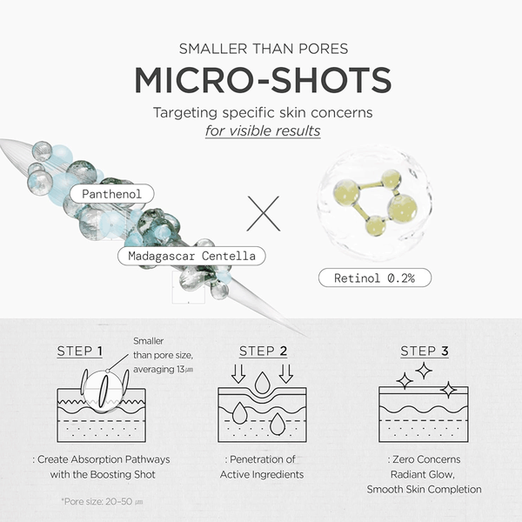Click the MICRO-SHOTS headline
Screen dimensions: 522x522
click(x=263, y=80)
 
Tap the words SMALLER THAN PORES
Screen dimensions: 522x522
click(x=264, y=49)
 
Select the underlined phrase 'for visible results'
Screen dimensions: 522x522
click(x=263, y=130)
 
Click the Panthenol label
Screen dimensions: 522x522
click(x=112, y=194)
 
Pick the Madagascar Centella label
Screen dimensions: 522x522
click(x=191, y=256)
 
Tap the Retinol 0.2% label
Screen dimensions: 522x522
click(x=375, y=278)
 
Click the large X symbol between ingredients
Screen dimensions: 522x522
click(x=264, y=213)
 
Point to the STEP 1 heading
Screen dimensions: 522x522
click(x=79, y=351)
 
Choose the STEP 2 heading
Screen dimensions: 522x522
click(x=263, y=351)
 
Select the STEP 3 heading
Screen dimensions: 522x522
click(x=425, y=351)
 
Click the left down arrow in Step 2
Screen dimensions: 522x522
click(x=238, y=374)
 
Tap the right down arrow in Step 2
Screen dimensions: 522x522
click(x=286, y=374)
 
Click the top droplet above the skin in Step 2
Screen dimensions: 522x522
click(x=263, y=383)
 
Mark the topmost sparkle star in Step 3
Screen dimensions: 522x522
click(x=424, y=371)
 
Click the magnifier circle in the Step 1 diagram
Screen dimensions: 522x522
click(x=84, y=393)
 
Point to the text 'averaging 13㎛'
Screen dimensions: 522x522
click(x=164, y=370)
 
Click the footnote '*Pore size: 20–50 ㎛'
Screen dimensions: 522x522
click(x=102, y=501)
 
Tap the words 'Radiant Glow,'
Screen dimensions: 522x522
click(x=423, y=474)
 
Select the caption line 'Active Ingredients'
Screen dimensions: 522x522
click(x=262, y=475)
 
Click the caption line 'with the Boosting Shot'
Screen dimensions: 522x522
click(x=103, y=474)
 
